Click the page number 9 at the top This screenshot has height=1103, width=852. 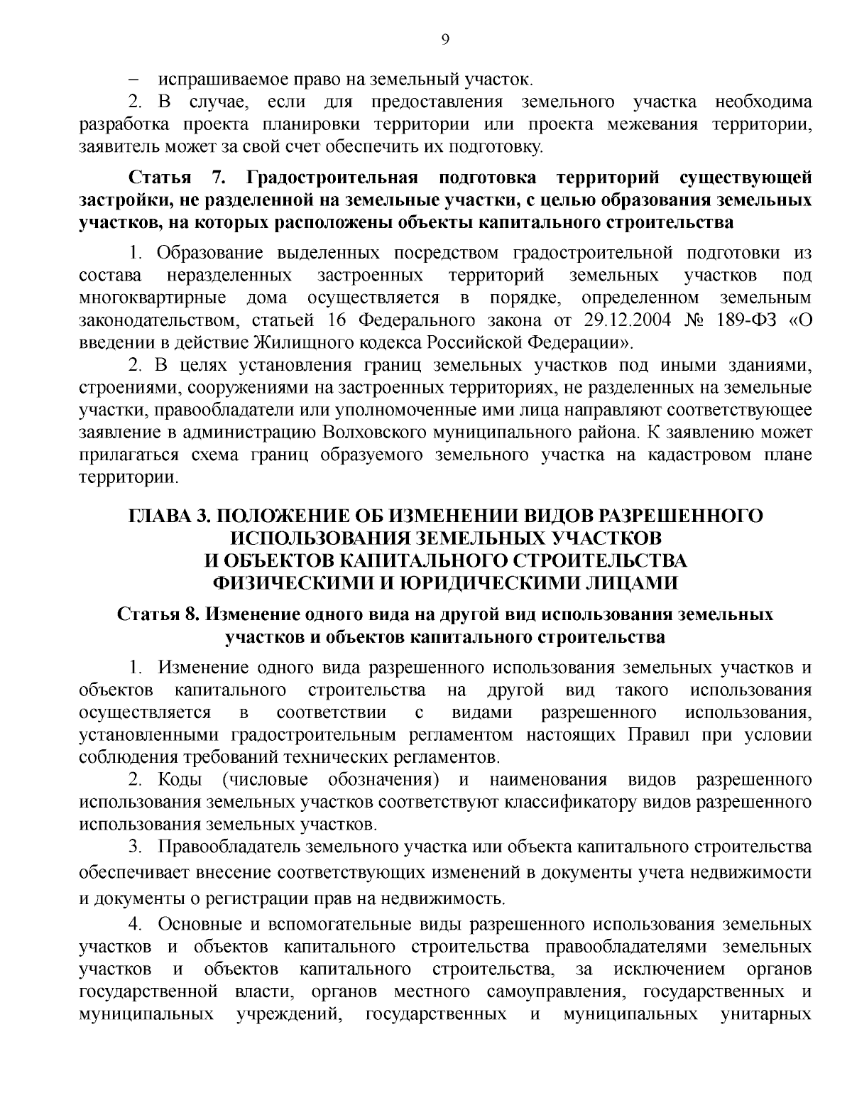click(x=445, y=40)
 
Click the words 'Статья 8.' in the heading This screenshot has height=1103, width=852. click(x=158, y=614)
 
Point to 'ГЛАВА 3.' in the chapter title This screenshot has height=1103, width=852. click(x=166, y=516)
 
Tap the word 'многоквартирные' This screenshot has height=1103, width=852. click(x=153, y=297)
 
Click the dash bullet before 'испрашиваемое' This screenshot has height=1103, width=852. click(x=133, y=80)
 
